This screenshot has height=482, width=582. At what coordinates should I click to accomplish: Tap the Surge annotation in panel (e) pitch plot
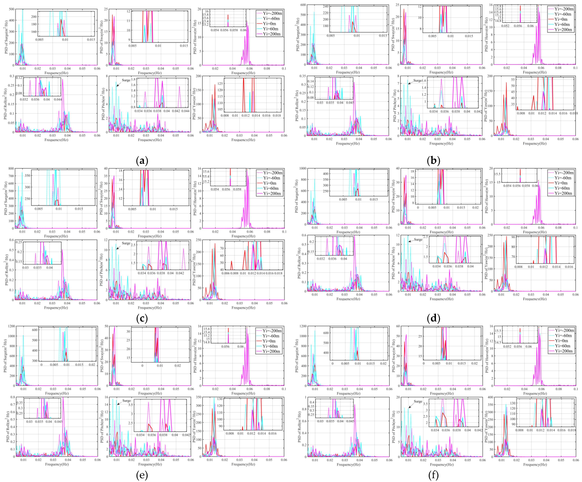[x=127, y=401]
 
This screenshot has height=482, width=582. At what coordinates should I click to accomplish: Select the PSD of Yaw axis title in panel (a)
[x=195, y=104]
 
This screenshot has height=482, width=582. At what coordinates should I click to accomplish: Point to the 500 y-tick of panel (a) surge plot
[x=12, y=9]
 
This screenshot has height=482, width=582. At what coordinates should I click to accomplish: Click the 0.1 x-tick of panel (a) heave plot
[x=284, y=68]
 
